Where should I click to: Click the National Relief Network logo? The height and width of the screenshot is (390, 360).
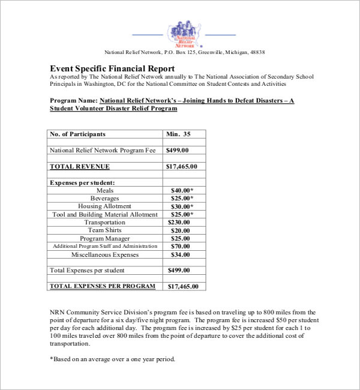[184, 34]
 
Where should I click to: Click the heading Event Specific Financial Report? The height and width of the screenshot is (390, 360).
[112, 68]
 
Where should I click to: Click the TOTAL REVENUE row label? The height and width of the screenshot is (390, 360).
[80, 166]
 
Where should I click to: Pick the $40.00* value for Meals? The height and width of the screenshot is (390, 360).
[182, 190]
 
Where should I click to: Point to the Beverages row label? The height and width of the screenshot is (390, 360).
[104, 198]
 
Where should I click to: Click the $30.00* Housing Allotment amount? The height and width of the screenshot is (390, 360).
[182, 206]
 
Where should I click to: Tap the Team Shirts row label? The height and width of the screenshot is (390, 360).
[104, 230]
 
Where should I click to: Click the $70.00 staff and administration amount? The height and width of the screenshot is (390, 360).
[180, 246]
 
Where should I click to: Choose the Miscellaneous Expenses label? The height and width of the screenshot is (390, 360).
[104, 254]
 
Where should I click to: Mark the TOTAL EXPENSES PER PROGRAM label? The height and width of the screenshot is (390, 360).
[102, 286]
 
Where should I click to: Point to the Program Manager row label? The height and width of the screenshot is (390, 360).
[104, 238]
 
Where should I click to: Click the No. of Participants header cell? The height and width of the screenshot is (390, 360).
[77, 134]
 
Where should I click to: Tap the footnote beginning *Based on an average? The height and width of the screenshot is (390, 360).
[112, 359]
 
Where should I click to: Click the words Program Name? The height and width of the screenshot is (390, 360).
[74, 101]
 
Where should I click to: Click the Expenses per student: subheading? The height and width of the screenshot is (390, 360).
[82, 182]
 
